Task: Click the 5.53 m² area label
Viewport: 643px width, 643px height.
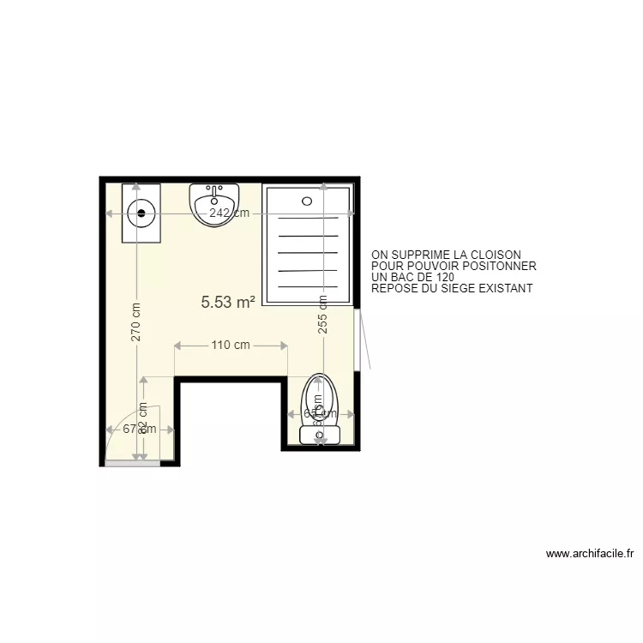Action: (x=228, y=302)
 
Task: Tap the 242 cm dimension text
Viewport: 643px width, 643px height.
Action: (x=229, y=213)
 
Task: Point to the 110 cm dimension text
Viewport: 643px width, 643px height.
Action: (x=230, y=346)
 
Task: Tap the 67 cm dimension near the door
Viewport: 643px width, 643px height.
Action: (x=139, y=430)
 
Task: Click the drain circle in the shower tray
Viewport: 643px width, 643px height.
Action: (x=307, y=201)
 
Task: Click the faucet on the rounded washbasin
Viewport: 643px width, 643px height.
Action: (x=214, y=189)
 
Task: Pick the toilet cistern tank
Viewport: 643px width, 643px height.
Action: (x=320, y=436)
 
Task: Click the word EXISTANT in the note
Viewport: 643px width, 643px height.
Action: (x=506, y=289)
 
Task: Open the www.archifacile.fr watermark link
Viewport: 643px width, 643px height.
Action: (x=589, y=555)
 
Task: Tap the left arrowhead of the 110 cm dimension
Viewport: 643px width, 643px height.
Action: (x=177, y=346)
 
